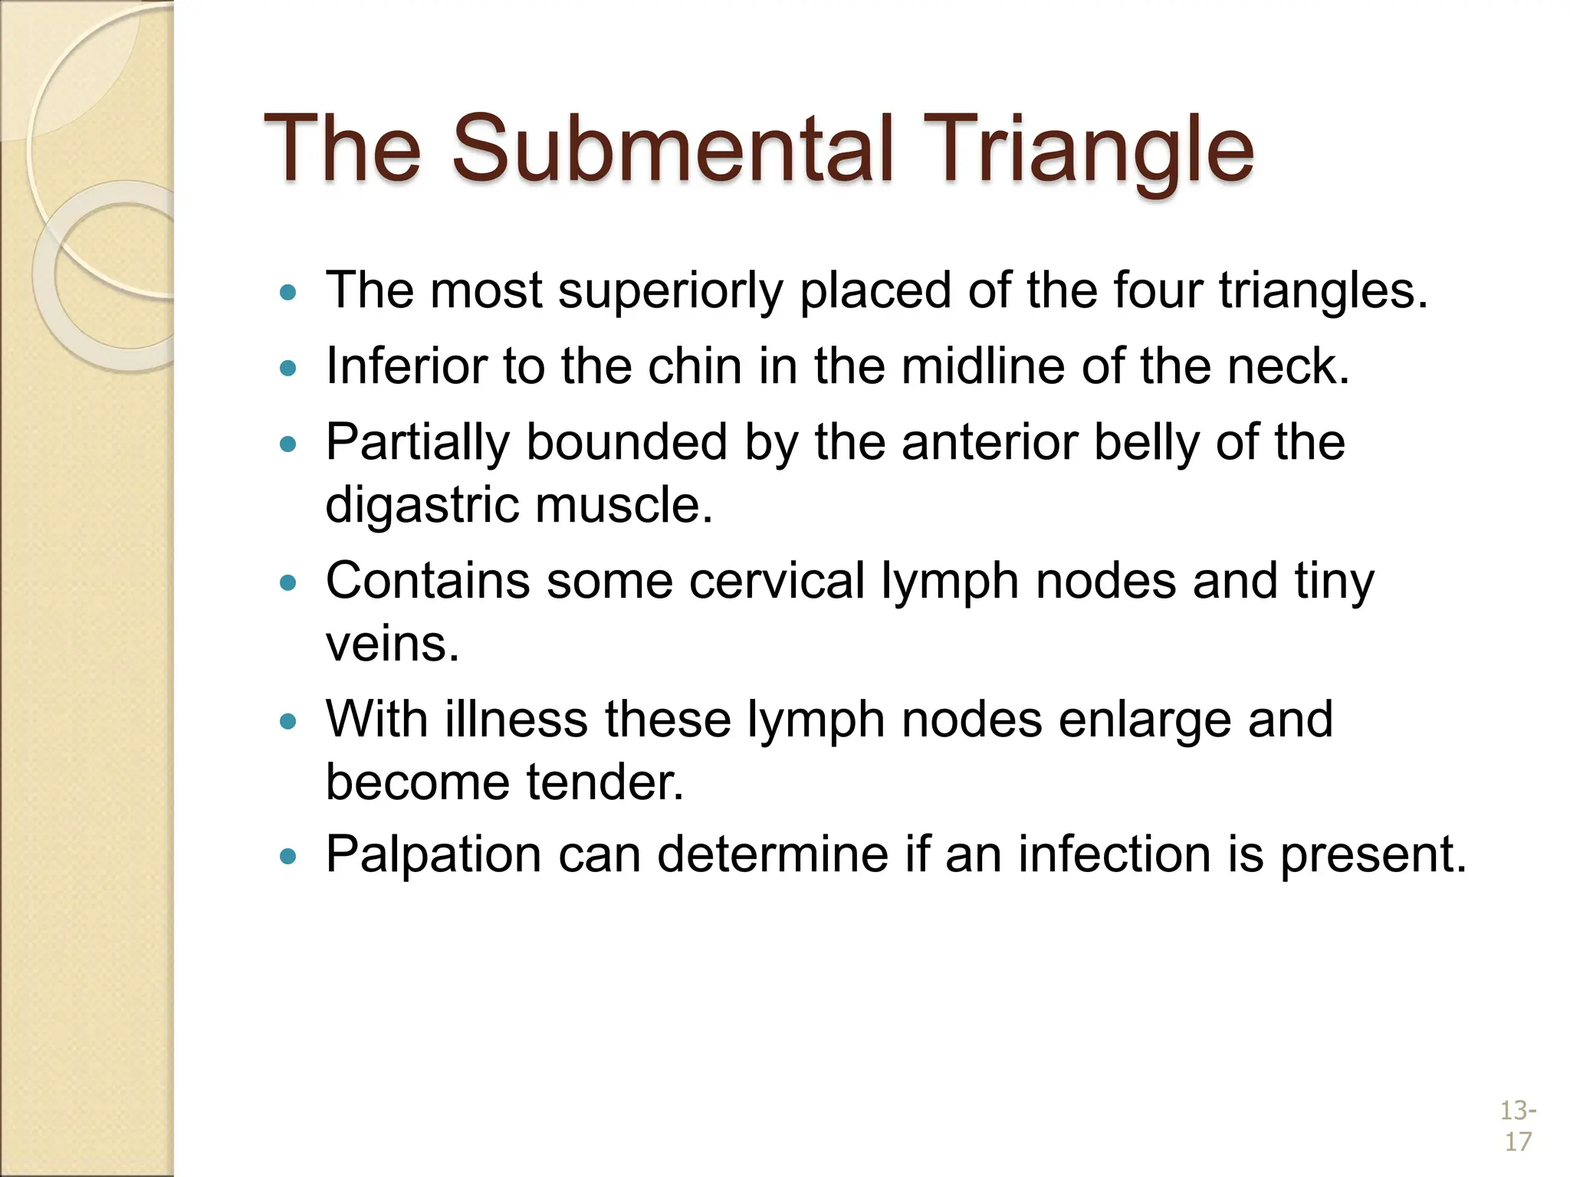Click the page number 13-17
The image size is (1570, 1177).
pos(1517,1126)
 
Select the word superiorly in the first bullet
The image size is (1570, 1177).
pos(671,291)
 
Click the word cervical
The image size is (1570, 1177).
pos(777,581)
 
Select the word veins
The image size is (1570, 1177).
pos(392,644)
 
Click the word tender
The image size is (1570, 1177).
pos(606,782)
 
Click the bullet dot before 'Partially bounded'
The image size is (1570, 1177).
pos(288,444)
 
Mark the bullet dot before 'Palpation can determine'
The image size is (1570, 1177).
pos(288,856)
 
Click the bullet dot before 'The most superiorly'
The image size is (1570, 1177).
pos(288,292)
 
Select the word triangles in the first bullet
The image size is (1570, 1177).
pos(1323,291)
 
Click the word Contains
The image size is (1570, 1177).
pos(427,581)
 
